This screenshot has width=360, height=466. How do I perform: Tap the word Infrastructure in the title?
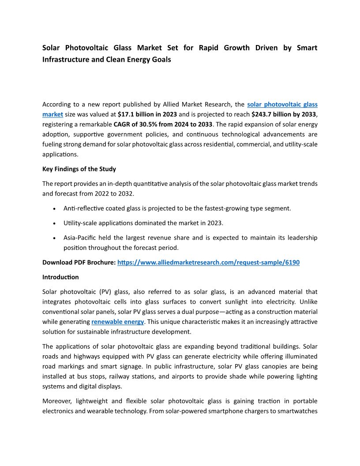(68, 59)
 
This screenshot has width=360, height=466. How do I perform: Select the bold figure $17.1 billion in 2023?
(147, 114)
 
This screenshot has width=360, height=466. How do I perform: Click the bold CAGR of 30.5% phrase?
(163, 124)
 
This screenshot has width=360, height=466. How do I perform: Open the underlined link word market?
(52, 114)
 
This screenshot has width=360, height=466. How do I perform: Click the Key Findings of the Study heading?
(79, 169)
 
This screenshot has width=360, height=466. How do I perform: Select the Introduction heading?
(60, 277)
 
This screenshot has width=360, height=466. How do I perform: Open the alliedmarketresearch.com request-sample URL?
(208, 262)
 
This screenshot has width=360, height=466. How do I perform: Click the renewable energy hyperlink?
(117, 322)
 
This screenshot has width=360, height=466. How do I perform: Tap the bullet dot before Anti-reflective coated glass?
(54, 208)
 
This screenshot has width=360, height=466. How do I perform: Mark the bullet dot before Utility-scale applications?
(54, 223)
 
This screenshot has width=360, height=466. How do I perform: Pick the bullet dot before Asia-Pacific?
(54, 238)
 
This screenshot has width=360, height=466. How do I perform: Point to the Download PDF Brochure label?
(79, 262)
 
